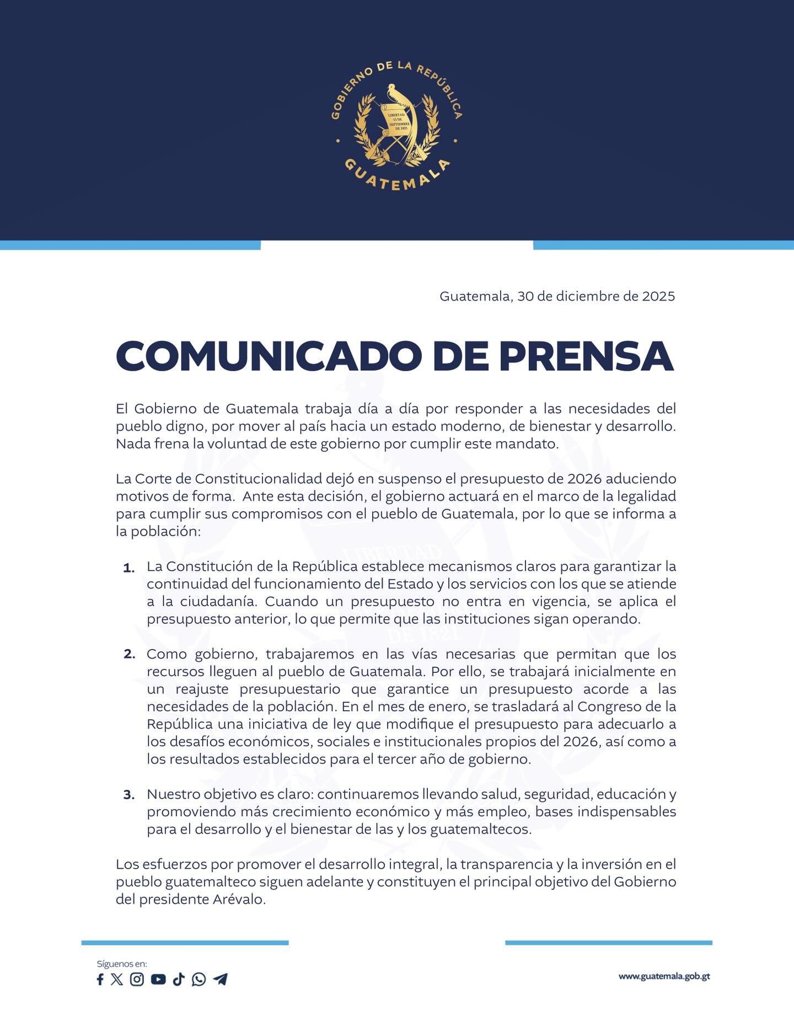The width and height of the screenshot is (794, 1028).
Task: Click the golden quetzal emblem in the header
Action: [x=396, y=126]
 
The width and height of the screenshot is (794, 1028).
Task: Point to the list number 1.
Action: [x=129, y=568]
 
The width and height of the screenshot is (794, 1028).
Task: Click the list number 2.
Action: [x=129, y=655]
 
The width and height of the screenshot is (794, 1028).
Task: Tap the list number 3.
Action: [x=129, y=795]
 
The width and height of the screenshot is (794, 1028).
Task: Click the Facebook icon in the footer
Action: [x=100, y=979]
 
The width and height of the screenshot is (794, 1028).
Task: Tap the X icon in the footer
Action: [x=117, y=979]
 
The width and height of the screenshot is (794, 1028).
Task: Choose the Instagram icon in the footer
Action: [x=137, y=979]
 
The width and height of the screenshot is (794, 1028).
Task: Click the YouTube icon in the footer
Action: [x=158, y=979]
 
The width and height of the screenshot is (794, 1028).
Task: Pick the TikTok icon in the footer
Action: [x=178, y=979]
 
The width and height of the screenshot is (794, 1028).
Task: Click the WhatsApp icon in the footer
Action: [x=198, y=979]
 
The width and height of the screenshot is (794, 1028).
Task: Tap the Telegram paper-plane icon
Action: [x=220, y=979]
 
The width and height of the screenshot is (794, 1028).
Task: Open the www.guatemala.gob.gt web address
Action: [x=664, y=977]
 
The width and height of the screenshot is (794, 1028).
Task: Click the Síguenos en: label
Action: [x=122, y=964]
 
